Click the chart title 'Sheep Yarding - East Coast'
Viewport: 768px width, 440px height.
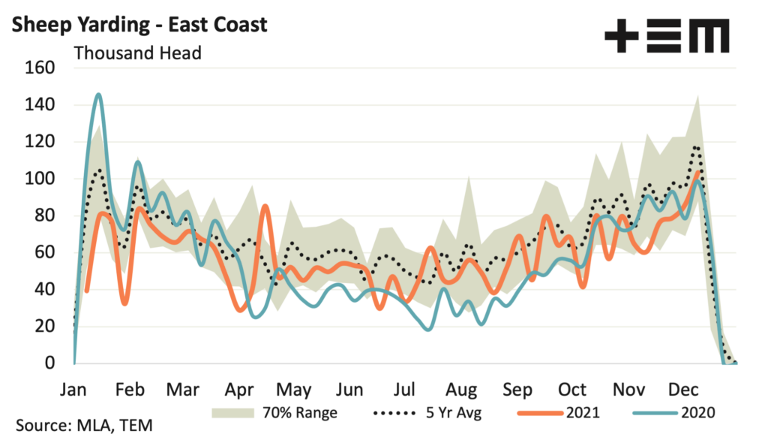click(140, 24)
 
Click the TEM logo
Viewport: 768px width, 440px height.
click(666, 35)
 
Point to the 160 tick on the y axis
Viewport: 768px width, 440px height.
click(41, 68)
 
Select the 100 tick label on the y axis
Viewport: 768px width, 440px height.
click(41, 179)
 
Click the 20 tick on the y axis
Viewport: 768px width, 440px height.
click(46, 326)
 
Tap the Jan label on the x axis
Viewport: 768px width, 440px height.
click(74, 390)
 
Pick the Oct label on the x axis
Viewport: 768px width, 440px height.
click(572, 390)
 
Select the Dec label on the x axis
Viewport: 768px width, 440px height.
click(683, 390)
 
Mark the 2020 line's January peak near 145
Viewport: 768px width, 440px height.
click(99, 95)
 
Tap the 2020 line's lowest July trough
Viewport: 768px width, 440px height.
click(428, 329)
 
